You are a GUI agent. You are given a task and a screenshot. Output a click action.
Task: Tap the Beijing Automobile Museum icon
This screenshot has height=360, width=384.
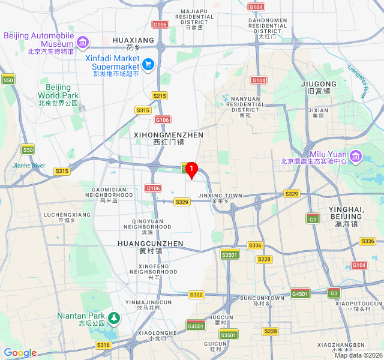click(83, 41)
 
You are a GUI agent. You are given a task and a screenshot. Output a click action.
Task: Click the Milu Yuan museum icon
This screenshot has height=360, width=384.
click(355, 157)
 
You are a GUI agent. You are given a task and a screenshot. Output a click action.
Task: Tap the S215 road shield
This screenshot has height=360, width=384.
click(159, 96)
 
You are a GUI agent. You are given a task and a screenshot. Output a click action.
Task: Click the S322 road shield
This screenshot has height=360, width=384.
click(196, 295)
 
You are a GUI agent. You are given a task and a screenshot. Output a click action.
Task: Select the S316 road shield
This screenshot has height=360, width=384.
click(103, 345)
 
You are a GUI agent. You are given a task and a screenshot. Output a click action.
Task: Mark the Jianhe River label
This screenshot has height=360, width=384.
click(29, 165)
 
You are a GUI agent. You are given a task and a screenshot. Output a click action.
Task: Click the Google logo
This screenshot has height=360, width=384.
click(20, 353)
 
